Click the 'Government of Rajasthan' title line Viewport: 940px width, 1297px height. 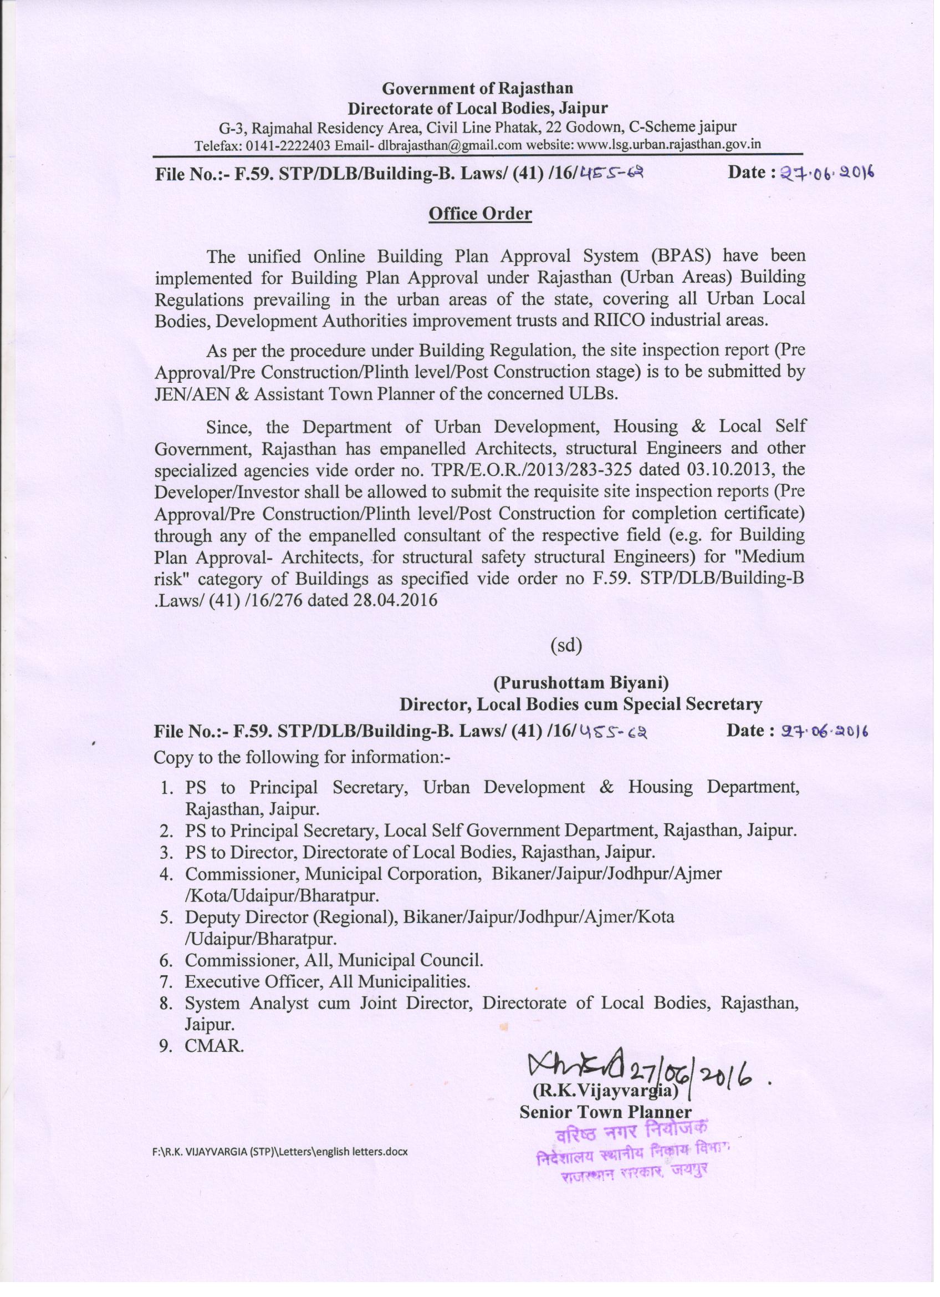coord(478,88)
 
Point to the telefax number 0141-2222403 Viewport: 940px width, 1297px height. coord(288,145)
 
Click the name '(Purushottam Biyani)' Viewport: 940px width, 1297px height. coord(581,682)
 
